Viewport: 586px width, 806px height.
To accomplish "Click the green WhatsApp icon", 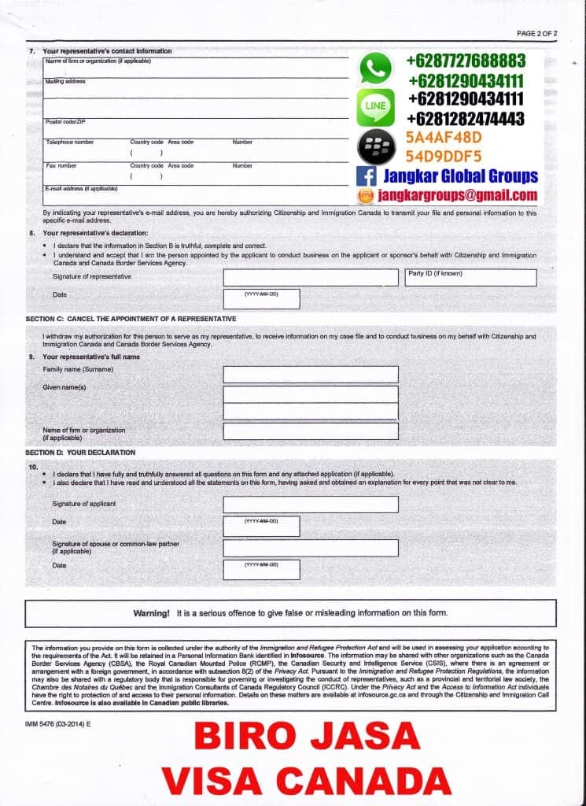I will (375, 68).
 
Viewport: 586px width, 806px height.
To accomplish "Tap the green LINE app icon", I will (375, 108).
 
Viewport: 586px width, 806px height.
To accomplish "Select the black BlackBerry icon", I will (375, 147).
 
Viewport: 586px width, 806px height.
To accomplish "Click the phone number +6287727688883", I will (466, 61).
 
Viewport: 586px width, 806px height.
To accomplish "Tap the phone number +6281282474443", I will (466, 119).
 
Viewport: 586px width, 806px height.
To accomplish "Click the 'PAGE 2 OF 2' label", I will (536, 33).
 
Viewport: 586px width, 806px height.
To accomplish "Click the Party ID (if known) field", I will (470, 278).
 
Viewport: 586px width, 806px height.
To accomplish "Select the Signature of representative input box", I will (311, 278).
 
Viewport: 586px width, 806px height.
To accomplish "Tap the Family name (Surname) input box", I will (311, 374).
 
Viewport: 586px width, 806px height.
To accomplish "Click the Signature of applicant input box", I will (311, 504).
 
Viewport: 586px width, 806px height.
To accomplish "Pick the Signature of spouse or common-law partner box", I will (311, 548).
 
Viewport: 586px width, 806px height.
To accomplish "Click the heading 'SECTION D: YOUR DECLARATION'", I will (80, 453).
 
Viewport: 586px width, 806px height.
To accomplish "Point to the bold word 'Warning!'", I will (151, 612).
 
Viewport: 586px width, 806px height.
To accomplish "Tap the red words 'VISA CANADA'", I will (307, 779).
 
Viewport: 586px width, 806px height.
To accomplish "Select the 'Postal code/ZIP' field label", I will (64, 121).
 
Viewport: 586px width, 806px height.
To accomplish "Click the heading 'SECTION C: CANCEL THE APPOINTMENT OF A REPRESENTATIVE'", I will (131, 319).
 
